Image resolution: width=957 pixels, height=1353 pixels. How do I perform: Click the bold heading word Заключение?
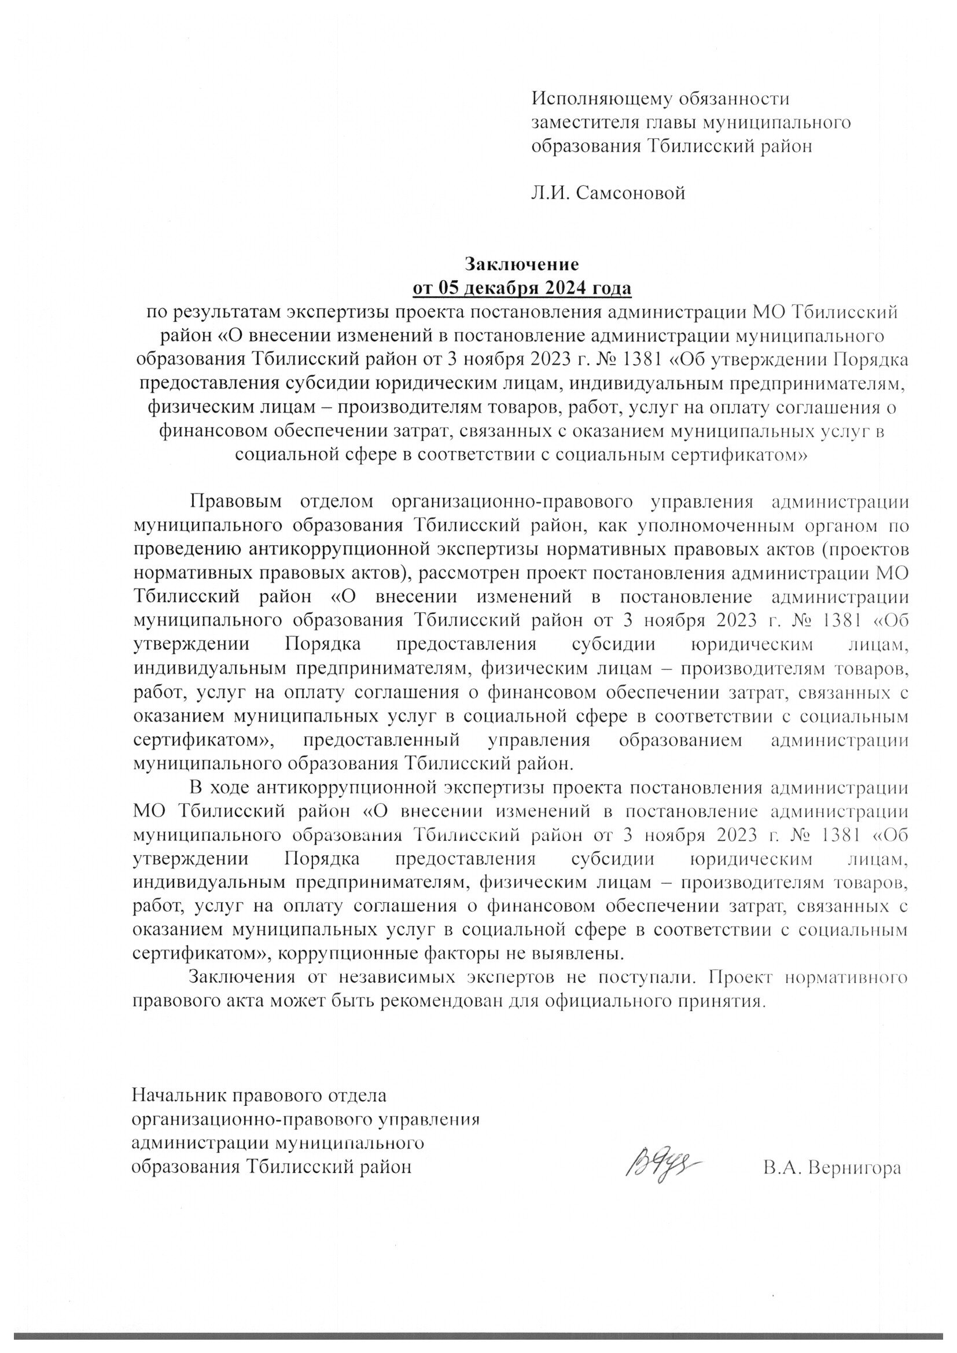[x=522, y=263]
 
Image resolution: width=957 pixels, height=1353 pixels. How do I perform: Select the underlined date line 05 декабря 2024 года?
[x=521, y=288]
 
